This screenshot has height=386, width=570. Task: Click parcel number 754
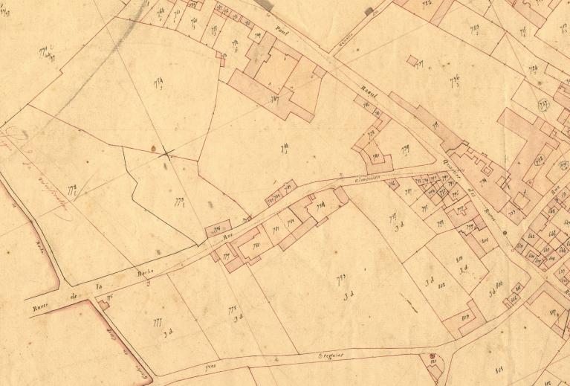158,83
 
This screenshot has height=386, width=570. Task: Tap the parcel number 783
343,279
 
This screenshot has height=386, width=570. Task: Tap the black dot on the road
505,234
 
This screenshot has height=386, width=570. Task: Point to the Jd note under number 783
346,297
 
